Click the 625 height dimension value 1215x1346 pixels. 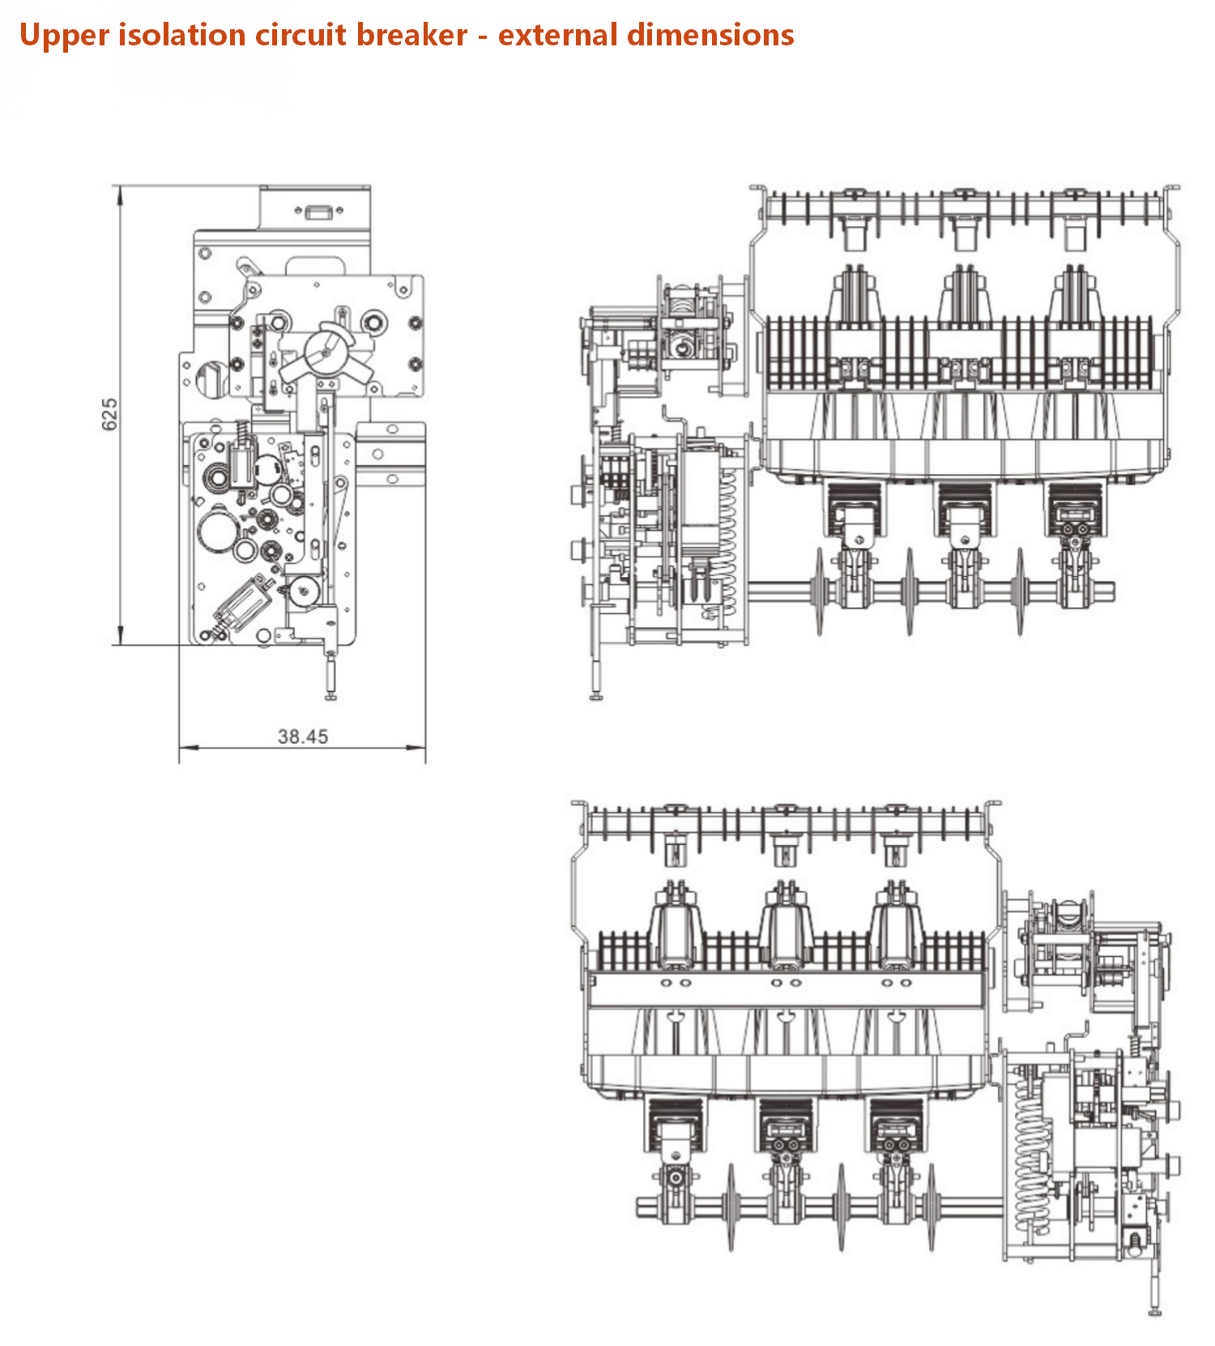(x=109, y=414)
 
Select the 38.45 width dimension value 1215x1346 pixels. (x=303, y=737)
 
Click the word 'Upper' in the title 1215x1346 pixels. (x=65, y=36)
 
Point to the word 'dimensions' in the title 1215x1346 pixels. (x=710, y=35)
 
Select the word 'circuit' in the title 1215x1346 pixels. (x=301, y=35)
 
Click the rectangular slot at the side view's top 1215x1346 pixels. (x=315, y=212)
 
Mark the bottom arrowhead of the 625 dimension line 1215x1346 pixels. (x=121, y=636)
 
